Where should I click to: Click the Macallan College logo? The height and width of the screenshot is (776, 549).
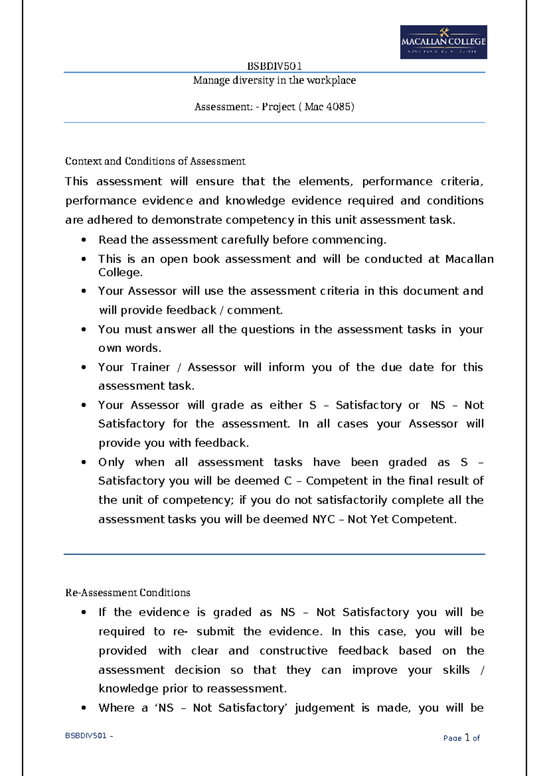pos(443,42)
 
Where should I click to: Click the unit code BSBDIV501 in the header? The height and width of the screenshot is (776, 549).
pos(274,66)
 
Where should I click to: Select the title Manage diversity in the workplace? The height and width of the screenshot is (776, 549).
pos(274,81)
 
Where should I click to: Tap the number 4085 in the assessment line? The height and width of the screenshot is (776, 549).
pos(338,107)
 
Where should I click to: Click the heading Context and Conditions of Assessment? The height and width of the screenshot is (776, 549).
pos(155,161)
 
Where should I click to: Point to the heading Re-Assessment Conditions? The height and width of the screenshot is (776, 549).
pos(128,593)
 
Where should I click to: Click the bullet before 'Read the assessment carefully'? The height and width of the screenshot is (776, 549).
pos(83,240)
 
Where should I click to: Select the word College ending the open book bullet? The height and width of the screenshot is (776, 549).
pos(120,273)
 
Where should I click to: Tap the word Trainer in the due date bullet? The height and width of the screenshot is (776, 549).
pos(150,367)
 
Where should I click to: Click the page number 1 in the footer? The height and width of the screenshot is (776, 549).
pos(467,737)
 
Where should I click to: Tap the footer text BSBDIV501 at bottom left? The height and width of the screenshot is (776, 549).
pos(86,736)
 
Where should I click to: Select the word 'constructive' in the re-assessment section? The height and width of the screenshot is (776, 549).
pos(293,651)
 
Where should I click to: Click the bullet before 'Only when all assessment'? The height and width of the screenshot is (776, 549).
pos(83,462)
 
